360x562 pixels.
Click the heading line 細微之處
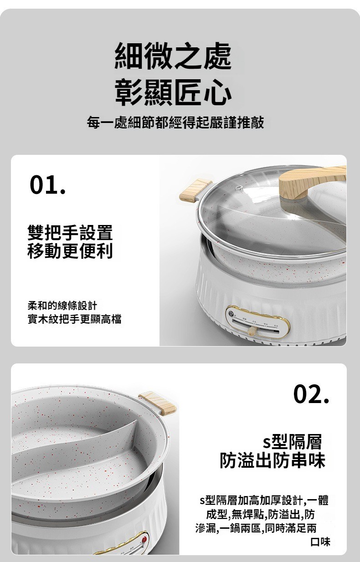(173, 56)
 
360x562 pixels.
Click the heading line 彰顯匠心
(173, 92)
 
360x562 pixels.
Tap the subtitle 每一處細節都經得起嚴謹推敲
(175, 123)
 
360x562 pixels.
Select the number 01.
(48, 185)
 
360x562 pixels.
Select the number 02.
(311, 394)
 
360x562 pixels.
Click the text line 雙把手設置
(70, 233)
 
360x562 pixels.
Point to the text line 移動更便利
(70, 250)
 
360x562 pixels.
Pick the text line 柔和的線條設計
(62, 306)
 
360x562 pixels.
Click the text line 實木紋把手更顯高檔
(75, 319)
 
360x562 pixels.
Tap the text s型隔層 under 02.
(292, 442)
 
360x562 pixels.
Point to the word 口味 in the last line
(320, 542)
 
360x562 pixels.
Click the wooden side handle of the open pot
(157, 404)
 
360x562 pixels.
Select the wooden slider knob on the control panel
(252, 331)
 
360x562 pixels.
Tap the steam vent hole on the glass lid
(239, 188)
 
